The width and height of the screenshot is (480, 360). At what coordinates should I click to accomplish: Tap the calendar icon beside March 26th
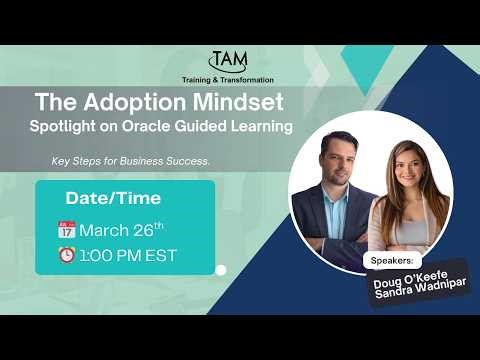(67, 228)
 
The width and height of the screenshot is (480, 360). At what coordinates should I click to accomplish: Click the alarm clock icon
(67, 255)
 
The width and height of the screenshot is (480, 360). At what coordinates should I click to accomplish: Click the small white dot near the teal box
(221, 269)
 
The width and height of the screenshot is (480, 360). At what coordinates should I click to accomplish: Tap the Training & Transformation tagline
(227, 78)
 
